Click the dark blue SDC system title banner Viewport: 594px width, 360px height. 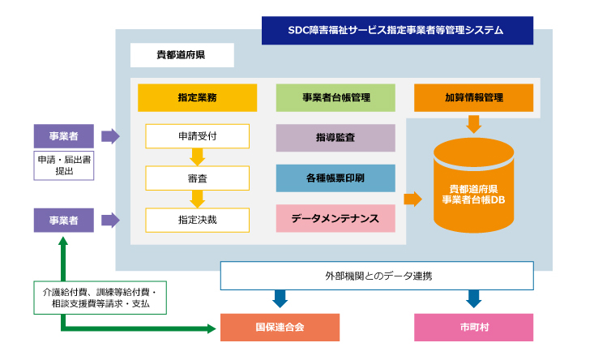click(397, 30)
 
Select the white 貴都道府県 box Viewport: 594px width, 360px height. click(182, 55)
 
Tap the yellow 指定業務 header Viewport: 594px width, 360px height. click(198, 98)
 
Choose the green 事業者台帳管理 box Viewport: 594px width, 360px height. click(335, 98)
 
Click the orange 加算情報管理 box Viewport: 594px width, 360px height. click(473, 98)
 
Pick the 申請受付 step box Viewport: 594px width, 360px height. click(198, 136)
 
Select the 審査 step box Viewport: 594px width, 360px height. click(198, 178)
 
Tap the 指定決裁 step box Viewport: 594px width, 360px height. click(198, 221)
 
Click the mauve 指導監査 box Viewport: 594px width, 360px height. click(335, 138)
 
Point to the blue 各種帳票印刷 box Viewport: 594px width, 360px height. click(335, 178)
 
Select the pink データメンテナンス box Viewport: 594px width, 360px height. click(335, 218)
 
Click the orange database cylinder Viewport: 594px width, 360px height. click(473, 186)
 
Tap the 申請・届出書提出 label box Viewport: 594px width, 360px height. click(64, 165)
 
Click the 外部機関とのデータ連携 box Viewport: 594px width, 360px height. click(377, 276)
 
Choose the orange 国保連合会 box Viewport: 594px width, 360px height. click(280, 328)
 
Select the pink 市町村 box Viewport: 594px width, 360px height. click(473, 328)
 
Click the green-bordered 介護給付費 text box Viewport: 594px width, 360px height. click(100, 298)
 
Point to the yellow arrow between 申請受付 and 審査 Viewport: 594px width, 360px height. click(198, 156)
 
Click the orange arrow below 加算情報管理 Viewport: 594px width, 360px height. click(473, 124)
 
